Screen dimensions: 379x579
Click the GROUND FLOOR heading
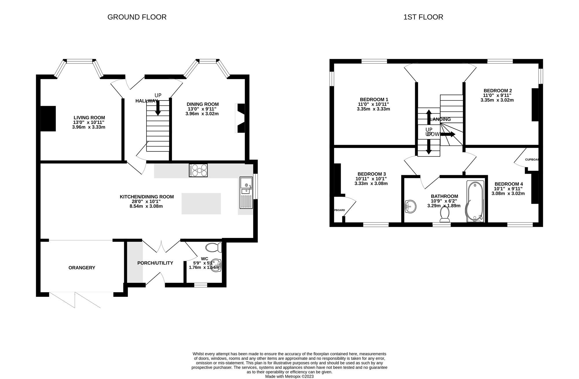(x=137, y=17)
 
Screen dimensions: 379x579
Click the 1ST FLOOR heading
(x=423, y=17)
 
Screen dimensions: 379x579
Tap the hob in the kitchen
(x=198, y=170)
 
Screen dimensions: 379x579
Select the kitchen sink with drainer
(x=246, y=193)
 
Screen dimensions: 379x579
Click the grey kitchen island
(x=201, y=204)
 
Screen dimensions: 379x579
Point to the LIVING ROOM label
(x=89, y=118)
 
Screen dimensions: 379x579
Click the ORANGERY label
(x=82, y=268)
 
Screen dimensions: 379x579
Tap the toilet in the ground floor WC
(x=214, y=248)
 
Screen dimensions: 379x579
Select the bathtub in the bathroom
(x=475, y=202)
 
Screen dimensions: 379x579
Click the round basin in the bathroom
(x=410, y=206)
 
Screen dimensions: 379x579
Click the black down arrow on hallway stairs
(x=158, y=109)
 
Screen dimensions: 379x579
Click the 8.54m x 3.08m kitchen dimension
(x=146, y=206)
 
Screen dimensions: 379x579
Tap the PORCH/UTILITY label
(x=155, y=263)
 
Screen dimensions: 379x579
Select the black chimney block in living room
(x=48, y=119)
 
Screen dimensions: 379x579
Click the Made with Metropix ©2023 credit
(x=289, y=377)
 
